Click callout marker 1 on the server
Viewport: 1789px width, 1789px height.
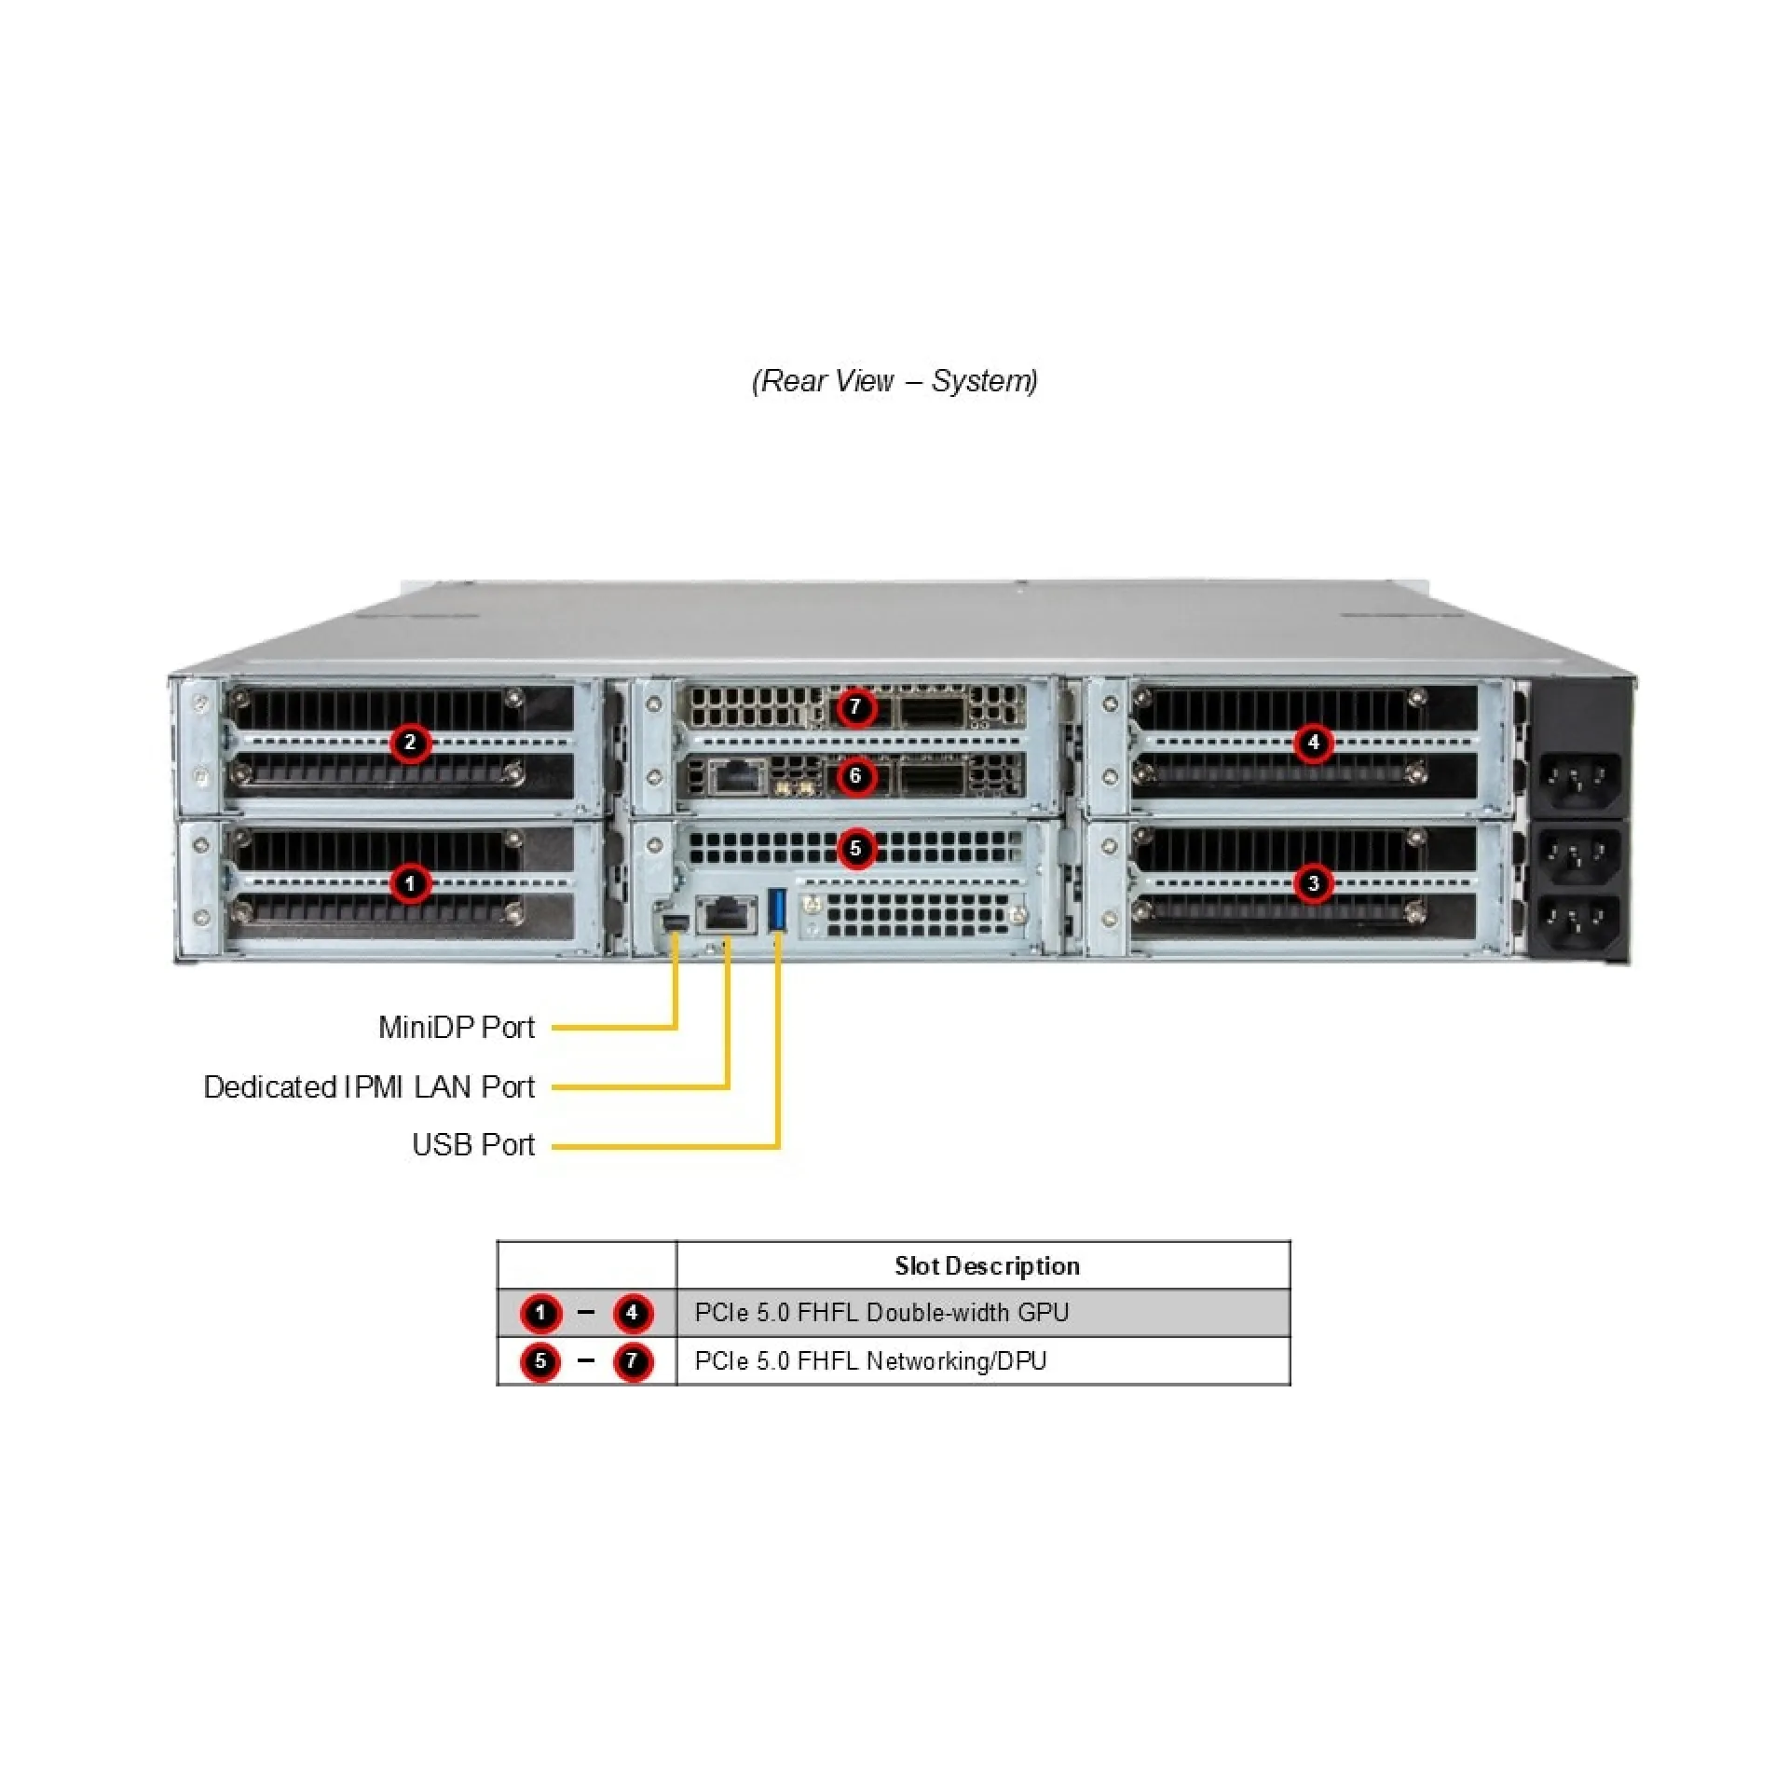click(x=410, y=882)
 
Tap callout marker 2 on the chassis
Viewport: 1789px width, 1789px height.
click(x=410, y=743)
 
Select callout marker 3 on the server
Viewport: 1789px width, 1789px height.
click(x=1314, y=882)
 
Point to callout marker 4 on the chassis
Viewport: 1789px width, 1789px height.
click(x=1314, y=743)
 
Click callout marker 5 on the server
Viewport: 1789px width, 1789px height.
click(x=855, y=849)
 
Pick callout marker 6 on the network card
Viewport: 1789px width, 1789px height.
click(x=855, y=775)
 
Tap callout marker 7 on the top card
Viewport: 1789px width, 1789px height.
click(x=855, y=707)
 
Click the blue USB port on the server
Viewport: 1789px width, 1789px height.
click(x=778, y=910)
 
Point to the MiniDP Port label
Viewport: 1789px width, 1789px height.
click(x=457, y=1027)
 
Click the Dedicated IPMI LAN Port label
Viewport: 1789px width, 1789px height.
click(x=369, y=1086)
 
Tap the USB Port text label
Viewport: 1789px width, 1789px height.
click(x=473, y=1144)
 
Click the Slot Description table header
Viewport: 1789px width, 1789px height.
click(x=987, y=1265)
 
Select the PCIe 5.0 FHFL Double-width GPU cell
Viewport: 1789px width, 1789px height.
click(x=881, y=1312)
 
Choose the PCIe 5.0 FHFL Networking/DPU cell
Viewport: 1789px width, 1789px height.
click(x=870, y=1360)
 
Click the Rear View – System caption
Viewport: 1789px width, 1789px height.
click(x=894, y=380)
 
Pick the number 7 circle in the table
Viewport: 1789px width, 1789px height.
click(x=633, y=1361)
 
